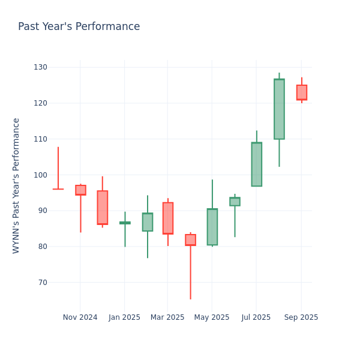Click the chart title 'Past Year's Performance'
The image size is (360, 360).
pos(79,27)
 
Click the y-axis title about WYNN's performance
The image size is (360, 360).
pos(16,185)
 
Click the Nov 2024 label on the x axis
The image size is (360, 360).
pos(80,317)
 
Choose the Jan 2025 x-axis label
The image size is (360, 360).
pos(124,317)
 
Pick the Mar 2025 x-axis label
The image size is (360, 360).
pos(167,317)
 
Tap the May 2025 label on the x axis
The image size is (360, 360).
pos(212,317)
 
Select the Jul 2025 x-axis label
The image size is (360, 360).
pos(256,317)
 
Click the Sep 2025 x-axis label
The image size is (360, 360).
pos(301,317)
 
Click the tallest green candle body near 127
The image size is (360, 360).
pos(279,109)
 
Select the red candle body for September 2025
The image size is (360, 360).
pos(301,92)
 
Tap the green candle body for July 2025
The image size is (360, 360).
pos(256,164)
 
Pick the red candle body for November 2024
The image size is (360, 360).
pos(80,190)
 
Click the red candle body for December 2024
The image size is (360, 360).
pos(103,208)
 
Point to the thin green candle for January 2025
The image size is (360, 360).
pos(125,223)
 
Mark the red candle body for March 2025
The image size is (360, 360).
pos(168,218)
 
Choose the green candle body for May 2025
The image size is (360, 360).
pos(212,227)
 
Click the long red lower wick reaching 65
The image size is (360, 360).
pos(190,273)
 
